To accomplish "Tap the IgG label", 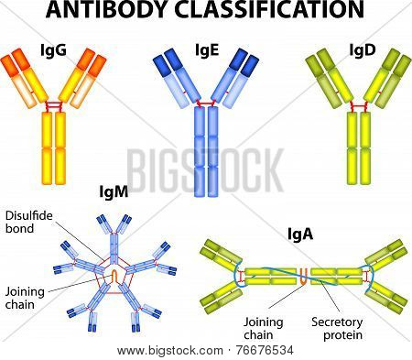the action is pyautogui.click(x=54, y=50).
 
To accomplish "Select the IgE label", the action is pyautogui.click(x=207, y=50).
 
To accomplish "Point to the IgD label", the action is pyautogui.click(x=363, y=50).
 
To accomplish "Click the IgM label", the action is pyautogui.click(x=114, y=192).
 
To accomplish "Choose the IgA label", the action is pyautogui.click(x=300, y=235).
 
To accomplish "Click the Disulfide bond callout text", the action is pyautogui.click(x=29, y=222).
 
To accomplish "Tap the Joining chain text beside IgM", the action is pyautogui.click(x=25, y=298).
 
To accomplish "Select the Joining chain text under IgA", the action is pyautogui.click(x=264, y=328).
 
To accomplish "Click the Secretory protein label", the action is pyautogui.click(x=337, y=328).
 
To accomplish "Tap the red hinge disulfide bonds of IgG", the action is pyautogui.click(x=54, y=106).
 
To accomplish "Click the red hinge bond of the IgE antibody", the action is pyautogui.click(x=206, y=104).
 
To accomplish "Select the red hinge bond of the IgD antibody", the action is pyautogui.click(x=359, y=106).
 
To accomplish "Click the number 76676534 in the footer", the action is pyautogui.click(x=265, y=350).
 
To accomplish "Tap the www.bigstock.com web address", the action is pyautogui.click(x=169, y=351).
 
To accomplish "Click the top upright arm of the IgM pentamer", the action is pyautogui.click(x=114, y=238).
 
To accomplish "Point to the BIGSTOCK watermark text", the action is pyautogui.click(x=205, y=169).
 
